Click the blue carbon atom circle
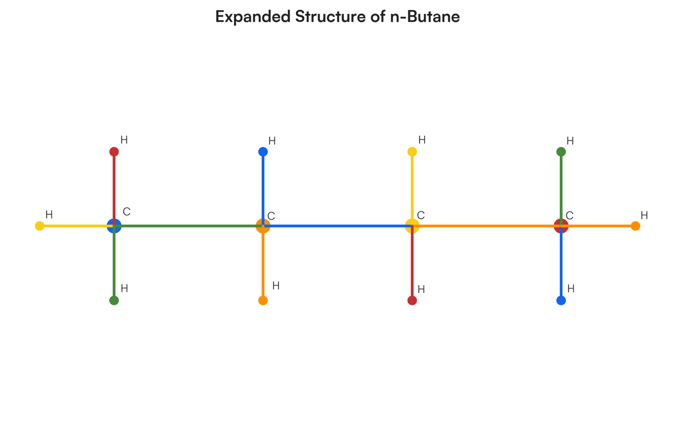click(x=114, y=226)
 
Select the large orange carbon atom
click(x=263, y=226)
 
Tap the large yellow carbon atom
click(x=412, y=226)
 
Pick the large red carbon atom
click(x=561, y=226)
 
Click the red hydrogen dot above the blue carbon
click(x=114, y=152)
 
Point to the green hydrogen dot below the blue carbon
click(x=114, y=300)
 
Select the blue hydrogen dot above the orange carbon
click(x=263, y=152)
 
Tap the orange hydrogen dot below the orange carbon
click(x=263, y=300)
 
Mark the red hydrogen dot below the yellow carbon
click(x=412, y=300)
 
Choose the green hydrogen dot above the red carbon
click(x=561, y=152)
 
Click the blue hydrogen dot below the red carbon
click(x=561, y=300)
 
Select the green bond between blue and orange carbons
click(x=188, y=226)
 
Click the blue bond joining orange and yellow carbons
click(x=337, y=226)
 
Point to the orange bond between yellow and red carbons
click(x=487, y=226)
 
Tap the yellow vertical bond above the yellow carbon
click(x=412, y=188)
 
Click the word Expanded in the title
click(x=253, y=17)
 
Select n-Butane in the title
click(x=425, y=17)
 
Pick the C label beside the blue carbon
click(x=127, y=212)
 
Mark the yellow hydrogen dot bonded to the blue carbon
click(x=40, y=226)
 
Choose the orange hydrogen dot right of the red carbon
click(x=636, y=226)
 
